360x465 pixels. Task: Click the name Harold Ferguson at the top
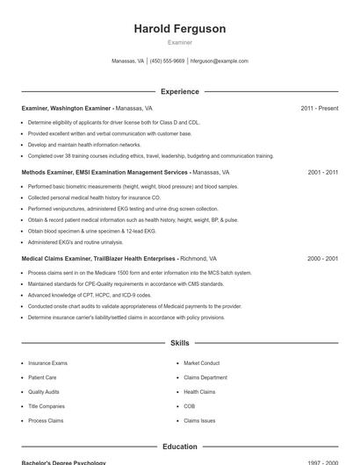[179, 29]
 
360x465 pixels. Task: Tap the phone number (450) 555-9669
[167, 61]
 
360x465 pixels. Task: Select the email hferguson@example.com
[220, 61]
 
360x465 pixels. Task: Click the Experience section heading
[179, 91]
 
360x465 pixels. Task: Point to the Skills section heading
[179, 342]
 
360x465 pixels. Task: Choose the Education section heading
[179, 447]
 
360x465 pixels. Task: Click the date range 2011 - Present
[319, 108]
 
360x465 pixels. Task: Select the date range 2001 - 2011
[322, 173]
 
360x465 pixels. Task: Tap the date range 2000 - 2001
[322, 259]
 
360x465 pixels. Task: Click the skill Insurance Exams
[47, 362]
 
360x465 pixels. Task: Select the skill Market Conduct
[201, 362]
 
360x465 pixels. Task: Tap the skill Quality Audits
[44, 391]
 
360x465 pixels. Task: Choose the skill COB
[189, 406]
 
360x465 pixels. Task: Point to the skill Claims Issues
[199, 420]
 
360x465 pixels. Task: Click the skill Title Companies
[46, 406]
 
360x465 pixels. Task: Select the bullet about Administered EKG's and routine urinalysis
[76, 241]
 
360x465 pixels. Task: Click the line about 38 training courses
[151, 155]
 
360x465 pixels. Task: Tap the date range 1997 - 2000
[322, 462]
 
